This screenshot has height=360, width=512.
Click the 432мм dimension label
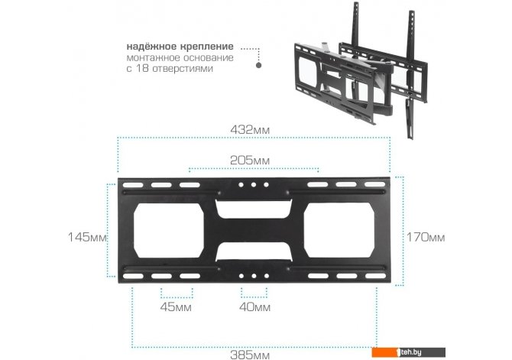tap(250, 130)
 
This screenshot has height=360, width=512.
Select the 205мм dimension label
tap(250, 160)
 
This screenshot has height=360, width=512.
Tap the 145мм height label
tap(87, 237)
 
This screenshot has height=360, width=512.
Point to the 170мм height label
tap(426, 237)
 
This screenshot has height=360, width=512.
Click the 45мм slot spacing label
tap(176, 307)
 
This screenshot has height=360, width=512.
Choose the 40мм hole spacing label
tap(254, 307)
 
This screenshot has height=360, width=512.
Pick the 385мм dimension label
tap(250, 355)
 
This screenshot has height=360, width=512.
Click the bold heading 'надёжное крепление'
tap(180, 46)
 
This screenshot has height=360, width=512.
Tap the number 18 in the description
tap(141, 69)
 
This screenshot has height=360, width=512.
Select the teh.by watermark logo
tap(408, 352)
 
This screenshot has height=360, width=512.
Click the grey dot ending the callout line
tap(258, 65)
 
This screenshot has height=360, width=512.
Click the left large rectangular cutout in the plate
tap(169, 230)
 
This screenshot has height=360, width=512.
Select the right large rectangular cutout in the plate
tap(339, 230)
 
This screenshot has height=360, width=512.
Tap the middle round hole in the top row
tap(254, 185)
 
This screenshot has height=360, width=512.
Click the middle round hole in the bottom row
tap(254, 276)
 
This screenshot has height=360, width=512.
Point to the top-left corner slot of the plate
tap(133, 185)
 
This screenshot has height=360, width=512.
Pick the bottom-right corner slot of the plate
tap(376, 276)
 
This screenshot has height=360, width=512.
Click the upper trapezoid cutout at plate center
tap(253, 209)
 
